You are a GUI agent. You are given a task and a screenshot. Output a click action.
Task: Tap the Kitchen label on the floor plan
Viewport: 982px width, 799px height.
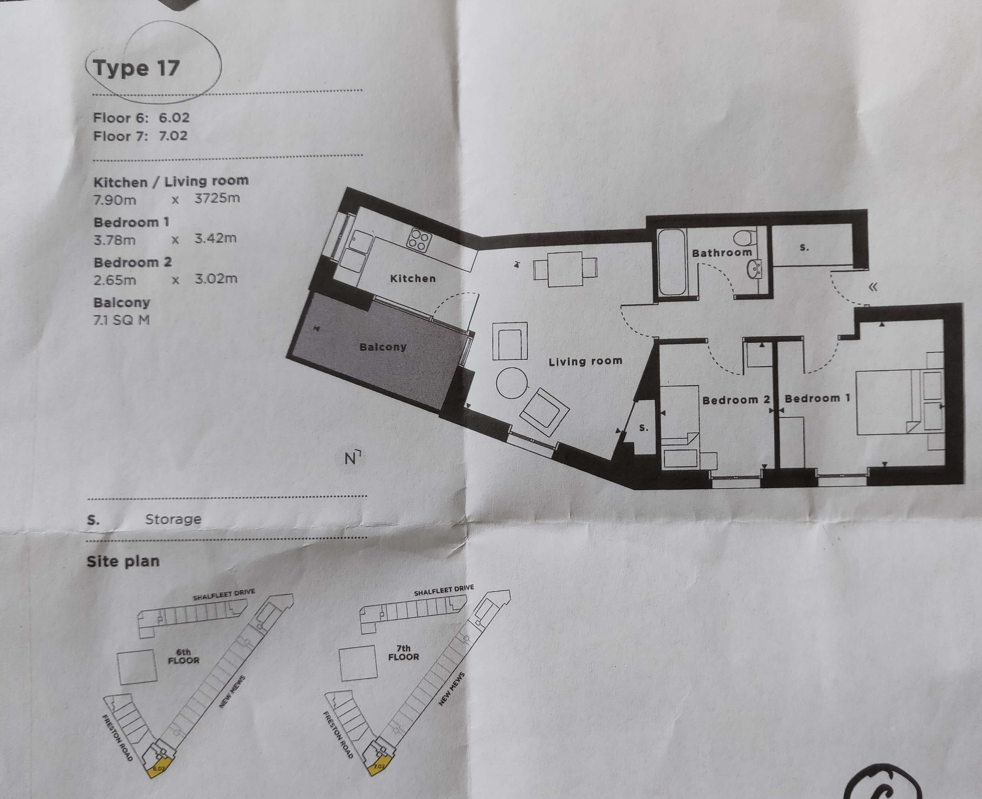[x=412, y=279]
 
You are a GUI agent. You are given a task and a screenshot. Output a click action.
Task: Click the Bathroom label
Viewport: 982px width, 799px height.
[x=721, y=253]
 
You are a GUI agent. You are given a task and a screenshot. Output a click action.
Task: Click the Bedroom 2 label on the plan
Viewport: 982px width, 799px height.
[x=736, y=400]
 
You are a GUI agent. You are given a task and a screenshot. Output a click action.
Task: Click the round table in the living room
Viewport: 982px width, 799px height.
[x=512, y=382]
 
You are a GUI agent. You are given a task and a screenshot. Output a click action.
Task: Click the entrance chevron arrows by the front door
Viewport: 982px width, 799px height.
[x=873, y=287]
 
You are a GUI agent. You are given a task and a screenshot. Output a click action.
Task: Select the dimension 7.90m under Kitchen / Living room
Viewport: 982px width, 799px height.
[x=115, y=200]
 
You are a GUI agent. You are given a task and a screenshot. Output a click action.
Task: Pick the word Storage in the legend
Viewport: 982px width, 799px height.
[x=173, y=519]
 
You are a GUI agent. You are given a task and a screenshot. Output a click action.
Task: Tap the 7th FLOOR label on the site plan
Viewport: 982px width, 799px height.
[x=403, y=653]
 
